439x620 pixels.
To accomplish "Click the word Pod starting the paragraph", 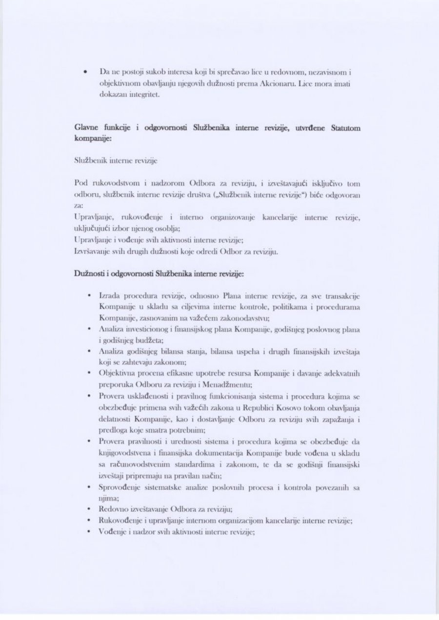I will pyautogui.click(x=80, y=183).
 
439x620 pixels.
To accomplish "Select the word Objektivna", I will pyautogui.click(x=118, y=373).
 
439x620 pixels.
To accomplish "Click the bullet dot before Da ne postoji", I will pyautogui.click(x=85, y=72).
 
